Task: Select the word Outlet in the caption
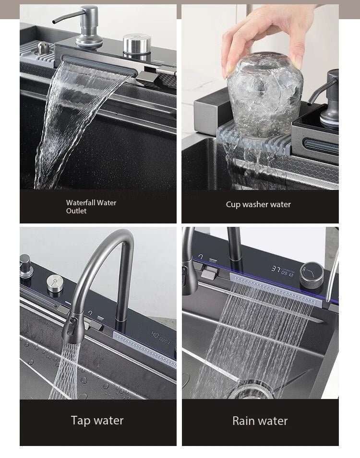76,211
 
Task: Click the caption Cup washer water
258,204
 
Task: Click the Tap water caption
97,421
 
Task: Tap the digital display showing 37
282,270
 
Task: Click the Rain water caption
260,421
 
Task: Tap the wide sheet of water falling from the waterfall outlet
72,125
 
